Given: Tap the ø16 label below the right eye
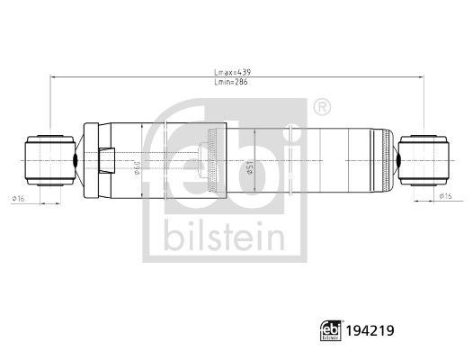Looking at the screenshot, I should [443, 195].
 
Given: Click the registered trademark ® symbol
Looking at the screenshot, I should [321, 108].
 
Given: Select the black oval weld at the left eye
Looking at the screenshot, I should [76, 157].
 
